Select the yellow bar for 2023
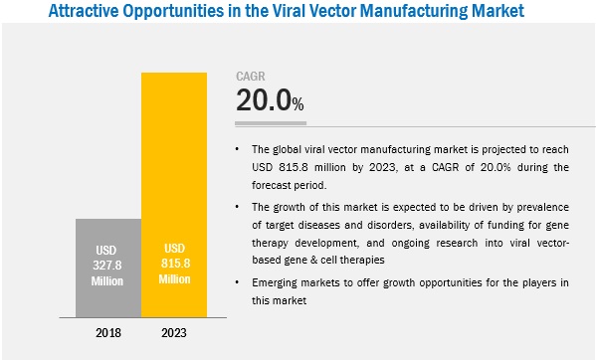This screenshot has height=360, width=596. click(x=175, y=189)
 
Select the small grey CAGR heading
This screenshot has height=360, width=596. click(x=251, y=76)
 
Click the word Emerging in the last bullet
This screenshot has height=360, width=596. click(x=277, y=284)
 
